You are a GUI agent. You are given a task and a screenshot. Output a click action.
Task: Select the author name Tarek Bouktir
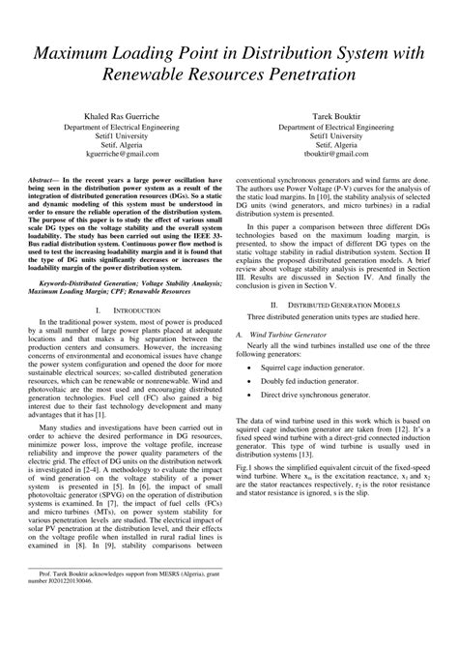pos(338,115)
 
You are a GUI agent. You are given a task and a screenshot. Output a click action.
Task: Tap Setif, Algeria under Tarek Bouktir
pos(338,144)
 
